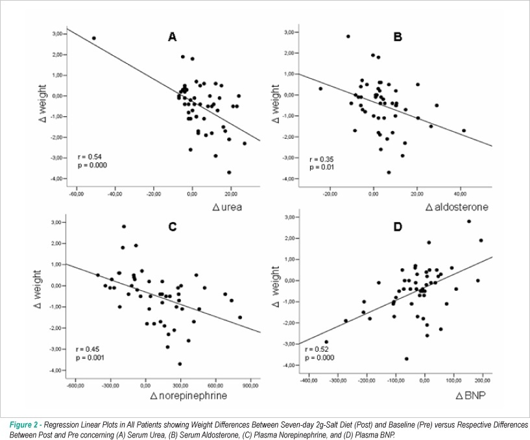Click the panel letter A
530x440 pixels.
pyautogui.click(x=173, y=36)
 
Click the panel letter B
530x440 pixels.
pyautogui.click(x=398, y=36)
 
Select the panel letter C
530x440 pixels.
pyautogui.click(x=173, y=226)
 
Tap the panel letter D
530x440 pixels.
pyautogui.click(x=398, y=226)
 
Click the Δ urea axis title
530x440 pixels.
pyautogui.click(x=227, y=207)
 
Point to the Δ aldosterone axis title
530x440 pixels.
pyautogui.click(x=457, y=207)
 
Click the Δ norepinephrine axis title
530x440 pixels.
pyautogui.click(x=189, y=395)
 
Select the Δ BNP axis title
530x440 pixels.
pyautogui.click(x=470, y=395)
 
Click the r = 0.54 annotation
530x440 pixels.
pyautogui.click(x=90, y=156)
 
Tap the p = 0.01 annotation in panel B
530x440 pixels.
pyautogui.click(x=322, y=167)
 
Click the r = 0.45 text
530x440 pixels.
pyautogui.click(x=88, y=349)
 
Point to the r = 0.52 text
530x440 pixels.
pyautogui.click(x=317, y=349)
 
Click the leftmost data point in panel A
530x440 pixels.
pyautogui.click(x=94, y=38)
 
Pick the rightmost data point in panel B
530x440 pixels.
pyautogui.click(x=464, y=130)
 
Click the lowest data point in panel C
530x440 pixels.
pyautogui.click(x=180, y=364)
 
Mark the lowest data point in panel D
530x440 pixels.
pyautogui.click(x=407, y=359)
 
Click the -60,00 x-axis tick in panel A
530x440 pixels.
pyautogui.click(x=77, y=194)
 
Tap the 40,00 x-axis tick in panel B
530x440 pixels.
pyautogui.click(x=460, y=194)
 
